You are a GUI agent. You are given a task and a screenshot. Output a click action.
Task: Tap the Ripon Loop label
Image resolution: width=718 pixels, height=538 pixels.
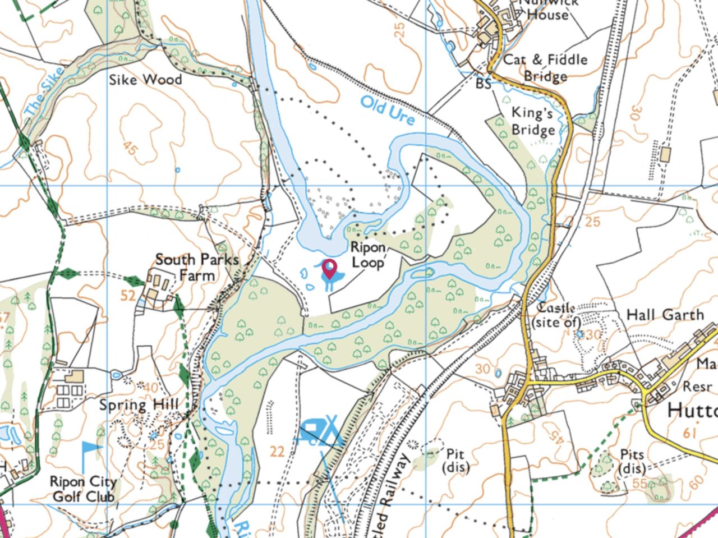368,255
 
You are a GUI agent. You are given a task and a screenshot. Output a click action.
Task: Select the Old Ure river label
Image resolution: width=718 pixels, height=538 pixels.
388,111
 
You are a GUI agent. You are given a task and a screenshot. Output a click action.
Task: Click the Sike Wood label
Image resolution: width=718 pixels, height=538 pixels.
145,80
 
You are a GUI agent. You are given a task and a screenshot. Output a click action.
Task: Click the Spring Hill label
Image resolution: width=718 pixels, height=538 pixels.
139,404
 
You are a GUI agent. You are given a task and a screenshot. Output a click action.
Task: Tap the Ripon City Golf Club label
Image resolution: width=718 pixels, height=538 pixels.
84,489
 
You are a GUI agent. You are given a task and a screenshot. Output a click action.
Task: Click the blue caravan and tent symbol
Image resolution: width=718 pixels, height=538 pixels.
321,431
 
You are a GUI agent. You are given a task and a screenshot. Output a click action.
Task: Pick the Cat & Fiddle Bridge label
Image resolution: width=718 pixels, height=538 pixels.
545,67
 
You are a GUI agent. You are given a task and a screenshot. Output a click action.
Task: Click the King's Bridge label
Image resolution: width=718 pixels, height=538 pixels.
533,121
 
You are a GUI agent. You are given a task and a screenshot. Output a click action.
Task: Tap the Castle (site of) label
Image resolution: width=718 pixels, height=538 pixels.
556,315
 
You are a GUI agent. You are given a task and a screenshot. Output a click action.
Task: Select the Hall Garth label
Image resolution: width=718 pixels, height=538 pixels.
665,315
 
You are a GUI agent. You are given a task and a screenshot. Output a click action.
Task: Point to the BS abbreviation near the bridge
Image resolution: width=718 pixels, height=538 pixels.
483,84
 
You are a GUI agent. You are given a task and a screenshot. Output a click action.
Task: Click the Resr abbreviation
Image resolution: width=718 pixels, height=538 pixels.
697,387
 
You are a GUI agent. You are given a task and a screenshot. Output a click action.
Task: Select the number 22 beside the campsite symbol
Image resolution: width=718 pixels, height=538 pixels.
277,450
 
